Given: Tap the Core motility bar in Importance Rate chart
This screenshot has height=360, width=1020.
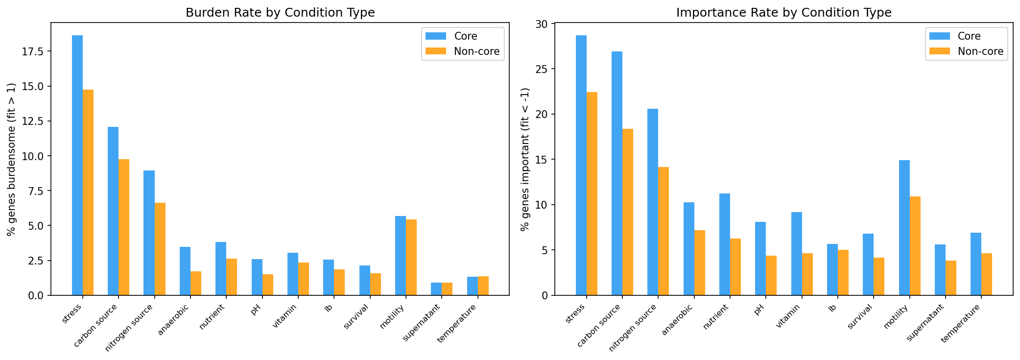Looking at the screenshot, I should tap(904, 228).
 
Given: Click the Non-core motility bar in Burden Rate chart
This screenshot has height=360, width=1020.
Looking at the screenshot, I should tap(411, 257).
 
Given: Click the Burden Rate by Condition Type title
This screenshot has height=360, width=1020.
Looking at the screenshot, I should tap(280, 13).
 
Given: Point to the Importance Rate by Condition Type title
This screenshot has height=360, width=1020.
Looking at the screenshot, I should tap(783, 13).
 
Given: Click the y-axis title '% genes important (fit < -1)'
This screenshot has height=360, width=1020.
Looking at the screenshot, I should tap(525, 159).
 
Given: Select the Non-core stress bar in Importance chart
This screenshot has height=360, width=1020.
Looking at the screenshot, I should tap(592, 193).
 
